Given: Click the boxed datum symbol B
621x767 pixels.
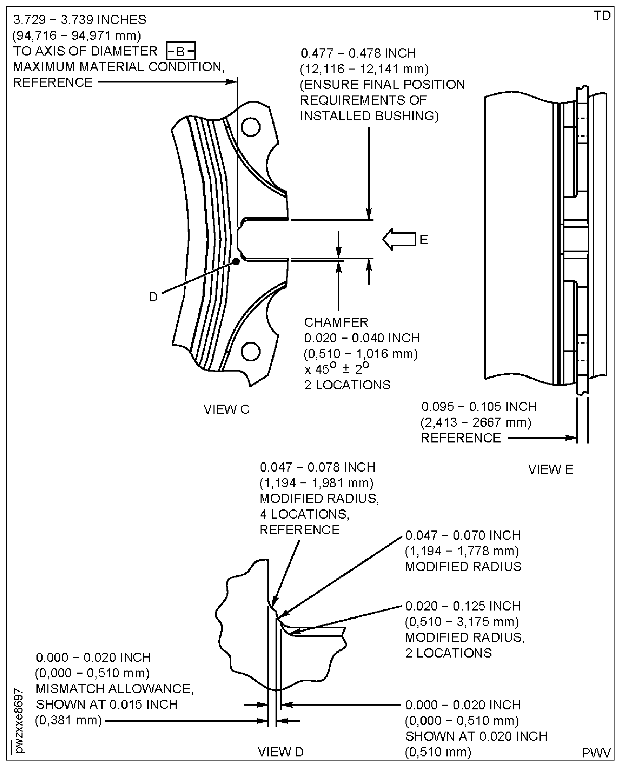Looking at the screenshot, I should click(x=181, y=51).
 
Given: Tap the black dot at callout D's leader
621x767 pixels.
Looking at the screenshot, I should click(x=236, y=261).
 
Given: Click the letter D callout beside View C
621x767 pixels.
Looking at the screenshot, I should click(x=153, y=297).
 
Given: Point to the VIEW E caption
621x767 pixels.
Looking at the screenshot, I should click(x=550, y=469).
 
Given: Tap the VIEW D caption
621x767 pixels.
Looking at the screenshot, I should click(x=280, y=752).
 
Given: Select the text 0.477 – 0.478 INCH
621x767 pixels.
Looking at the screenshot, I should click(x=358, y=53).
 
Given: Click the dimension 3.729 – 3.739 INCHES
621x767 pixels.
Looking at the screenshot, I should click(x=80, y=20).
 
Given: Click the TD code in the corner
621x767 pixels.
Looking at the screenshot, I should click(x=602, y=16).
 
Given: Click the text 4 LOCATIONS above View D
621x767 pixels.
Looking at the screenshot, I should click(x=305, y=514).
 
